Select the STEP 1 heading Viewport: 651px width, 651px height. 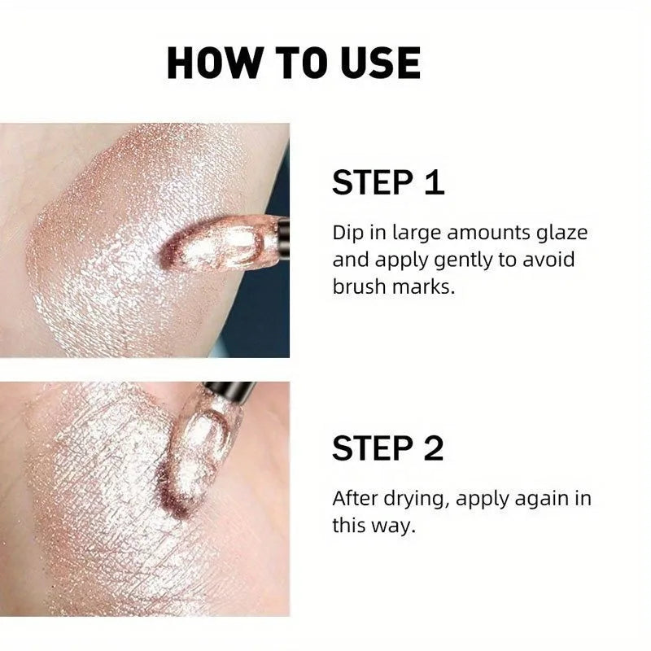tap(388, 183)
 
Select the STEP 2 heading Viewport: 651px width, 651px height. tap(388, 448)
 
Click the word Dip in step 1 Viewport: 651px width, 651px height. tap(347, 234)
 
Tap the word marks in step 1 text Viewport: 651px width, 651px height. tap(426, 286)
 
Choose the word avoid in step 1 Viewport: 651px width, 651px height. tap(557, 260)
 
